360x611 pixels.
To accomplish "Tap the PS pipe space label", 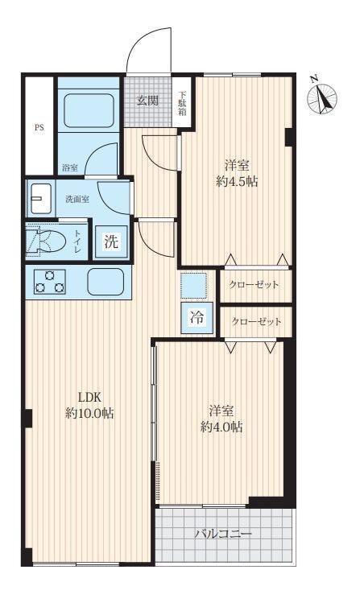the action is [39, 127].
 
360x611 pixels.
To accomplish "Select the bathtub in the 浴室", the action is [89, 110].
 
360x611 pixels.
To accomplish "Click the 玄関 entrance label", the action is [147, 101].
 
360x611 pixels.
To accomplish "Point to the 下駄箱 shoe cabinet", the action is [182, 102].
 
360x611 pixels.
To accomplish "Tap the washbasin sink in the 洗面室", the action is [40, 198].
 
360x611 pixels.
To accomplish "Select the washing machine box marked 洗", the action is [111, 242].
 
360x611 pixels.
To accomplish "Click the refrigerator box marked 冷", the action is [197, 318].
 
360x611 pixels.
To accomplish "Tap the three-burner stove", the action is [50, 282].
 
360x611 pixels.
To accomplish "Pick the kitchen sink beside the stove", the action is [106, 282].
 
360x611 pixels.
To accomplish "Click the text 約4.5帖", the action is [237, 182].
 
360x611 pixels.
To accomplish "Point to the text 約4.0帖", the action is [221, 427].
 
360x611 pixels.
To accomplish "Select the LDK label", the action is [90, 398].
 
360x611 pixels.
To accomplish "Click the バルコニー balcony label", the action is [223, 534].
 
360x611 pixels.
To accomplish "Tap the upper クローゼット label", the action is [254, 285].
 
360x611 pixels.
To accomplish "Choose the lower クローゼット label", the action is [256, 322].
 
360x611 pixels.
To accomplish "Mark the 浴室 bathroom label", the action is [70, 168].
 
